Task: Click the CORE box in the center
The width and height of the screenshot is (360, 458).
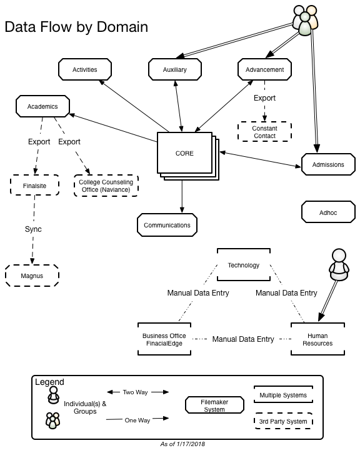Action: click(x=184, y=153)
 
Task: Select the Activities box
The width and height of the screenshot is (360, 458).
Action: click(x=85, y=69)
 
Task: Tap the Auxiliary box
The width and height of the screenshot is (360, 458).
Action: click(x=175, y=69)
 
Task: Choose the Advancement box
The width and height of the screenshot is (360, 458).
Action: click(x=264, y=69)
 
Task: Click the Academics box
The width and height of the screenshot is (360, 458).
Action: click(x=42, y=106)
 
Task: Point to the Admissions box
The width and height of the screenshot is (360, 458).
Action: click(x=328, y=164)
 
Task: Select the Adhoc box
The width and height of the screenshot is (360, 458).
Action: click(x=328, y=212)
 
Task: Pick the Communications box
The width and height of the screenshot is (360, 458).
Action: click(x=167, y=225)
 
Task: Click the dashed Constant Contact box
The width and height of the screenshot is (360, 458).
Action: click(x=264, y=132)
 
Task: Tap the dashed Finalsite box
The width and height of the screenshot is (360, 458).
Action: click(x=35, y=185)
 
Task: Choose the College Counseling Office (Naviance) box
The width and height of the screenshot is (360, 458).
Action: click(x=106, y=186)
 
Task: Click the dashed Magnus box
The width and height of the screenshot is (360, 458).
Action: click(x=32, y=276)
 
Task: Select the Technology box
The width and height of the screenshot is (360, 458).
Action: click(x=243, y=265)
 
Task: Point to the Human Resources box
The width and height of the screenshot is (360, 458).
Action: click(x=317, y=339)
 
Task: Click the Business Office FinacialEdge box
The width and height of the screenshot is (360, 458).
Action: click(x=164, y=339)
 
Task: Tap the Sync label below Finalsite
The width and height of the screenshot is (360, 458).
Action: click(x=33, y=229)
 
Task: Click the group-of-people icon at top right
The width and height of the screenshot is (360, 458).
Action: click(x=306, y=21)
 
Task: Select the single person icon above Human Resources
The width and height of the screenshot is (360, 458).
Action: click(x=339, y=265)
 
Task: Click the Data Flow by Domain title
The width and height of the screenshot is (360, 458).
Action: click(x=76, y=27)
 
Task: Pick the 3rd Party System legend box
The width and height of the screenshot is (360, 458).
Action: click(x=283, y=421)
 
